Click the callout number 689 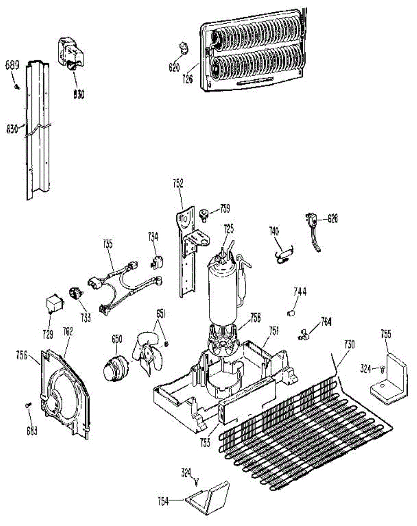click(x=12, y=66)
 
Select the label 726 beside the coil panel click(x=188, y=80)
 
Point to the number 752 click(x=178, y=183)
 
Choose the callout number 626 click(x=333, y=219)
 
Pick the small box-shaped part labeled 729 click(x=54, y=303)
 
